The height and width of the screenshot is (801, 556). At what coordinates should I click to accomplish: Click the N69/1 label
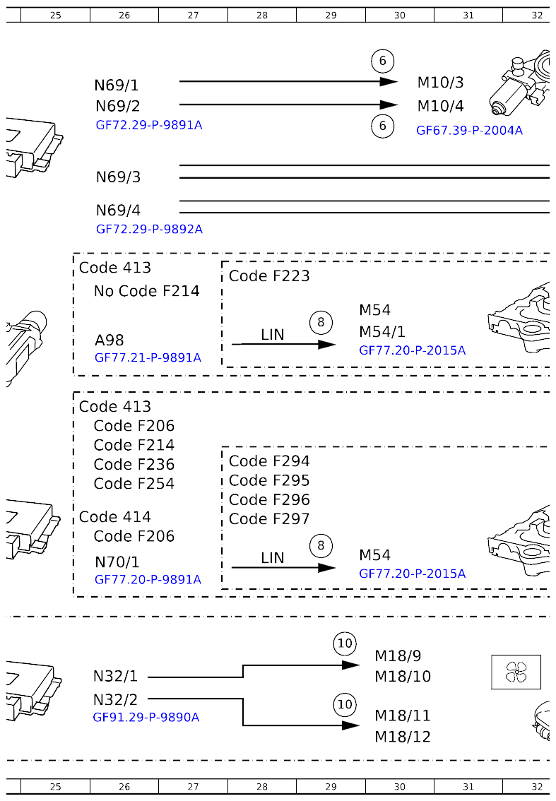click(117, 85)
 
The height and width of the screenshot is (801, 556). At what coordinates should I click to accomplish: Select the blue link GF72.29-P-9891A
click(149, 125)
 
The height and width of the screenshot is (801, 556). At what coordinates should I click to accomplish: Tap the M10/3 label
click(440, 83)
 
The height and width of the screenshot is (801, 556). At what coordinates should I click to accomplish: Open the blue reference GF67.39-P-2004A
click(469, 130)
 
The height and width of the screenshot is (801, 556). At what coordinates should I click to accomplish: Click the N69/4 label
click(118, 210)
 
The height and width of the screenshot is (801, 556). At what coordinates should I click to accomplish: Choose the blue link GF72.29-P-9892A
click(149, 230)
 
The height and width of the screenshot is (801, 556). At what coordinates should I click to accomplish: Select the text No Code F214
click(146, 291)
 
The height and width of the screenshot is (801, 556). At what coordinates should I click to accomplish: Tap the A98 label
click(110, 340)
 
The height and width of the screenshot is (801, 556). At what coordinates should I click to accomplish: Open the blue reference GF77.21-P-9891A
click(148, 358)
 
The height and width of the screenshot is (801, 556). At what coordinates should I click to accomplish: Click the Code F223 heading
click(269, 276)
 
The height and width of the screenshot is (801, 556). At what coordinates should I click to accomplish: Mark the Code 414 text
click(114, 517)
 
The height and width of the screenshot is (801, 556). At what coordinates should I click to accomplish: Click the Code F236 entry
click(134, 465)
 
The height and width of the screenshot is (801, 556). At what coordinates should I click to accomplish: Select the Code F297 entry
click(269, 519)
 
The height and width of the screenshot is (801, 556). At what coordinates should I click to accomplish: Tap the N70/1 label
click(117, 562)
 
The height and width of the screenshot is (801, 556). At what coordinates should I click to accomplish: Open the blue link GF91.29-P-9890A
click(146, 718)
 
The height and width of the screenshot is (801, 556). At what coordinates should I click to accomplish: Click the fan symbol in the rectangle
click(516, 672)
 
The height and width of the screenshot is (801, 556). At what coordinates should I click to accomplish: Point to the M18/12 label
click(402, 737)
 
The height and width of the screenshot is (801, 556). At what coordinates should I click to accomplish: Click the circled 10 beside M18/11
click(345, 704)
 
